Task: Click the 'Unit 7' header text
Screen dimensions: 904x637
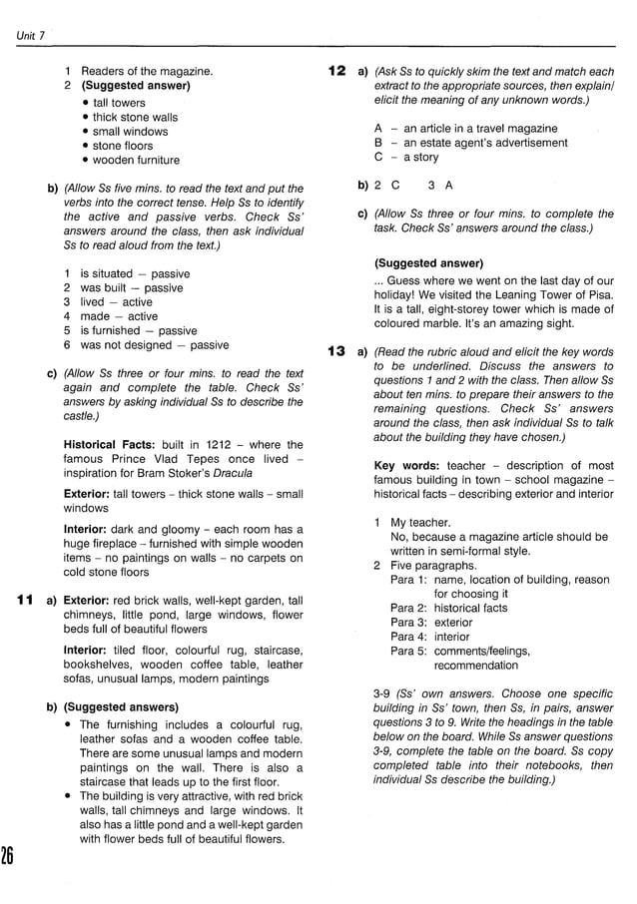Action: pyautogui.click(x=31, y=37)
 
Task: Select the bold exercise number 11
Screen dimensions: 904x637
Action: pyautogui.click(x=27, y=601)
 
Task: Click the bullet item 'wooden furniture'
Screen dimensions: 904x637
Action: pyautogui.click(x=136, y=160)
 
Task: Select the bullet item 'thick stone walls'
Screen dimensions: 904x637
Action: pyautogui.click(x=136, y=117)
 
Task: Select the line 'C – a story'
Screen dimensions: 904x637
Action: pyautogui.click(x=406, y=157)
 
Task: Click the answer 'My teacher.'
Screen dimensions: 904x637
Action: pyautogui.click(x=420, y=522)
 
